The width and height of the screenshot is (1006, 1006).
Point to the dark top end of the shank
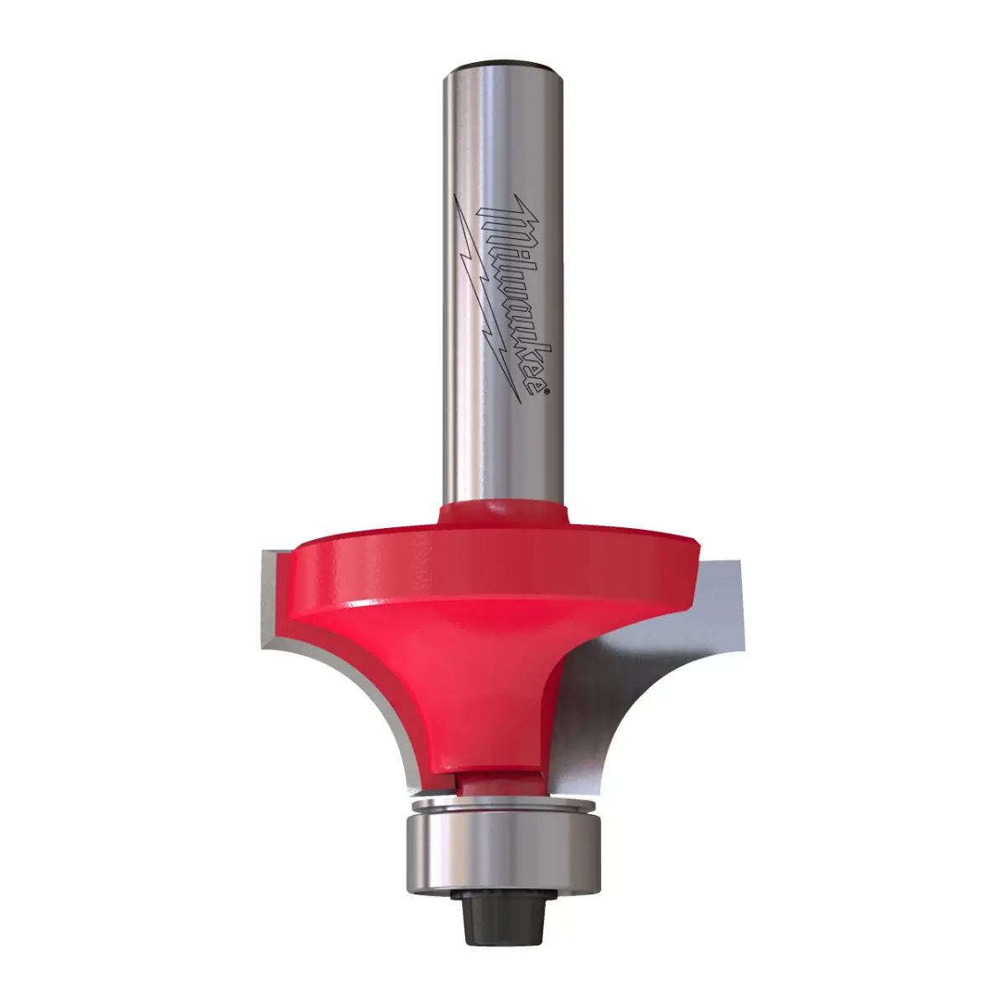point(502,68)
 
